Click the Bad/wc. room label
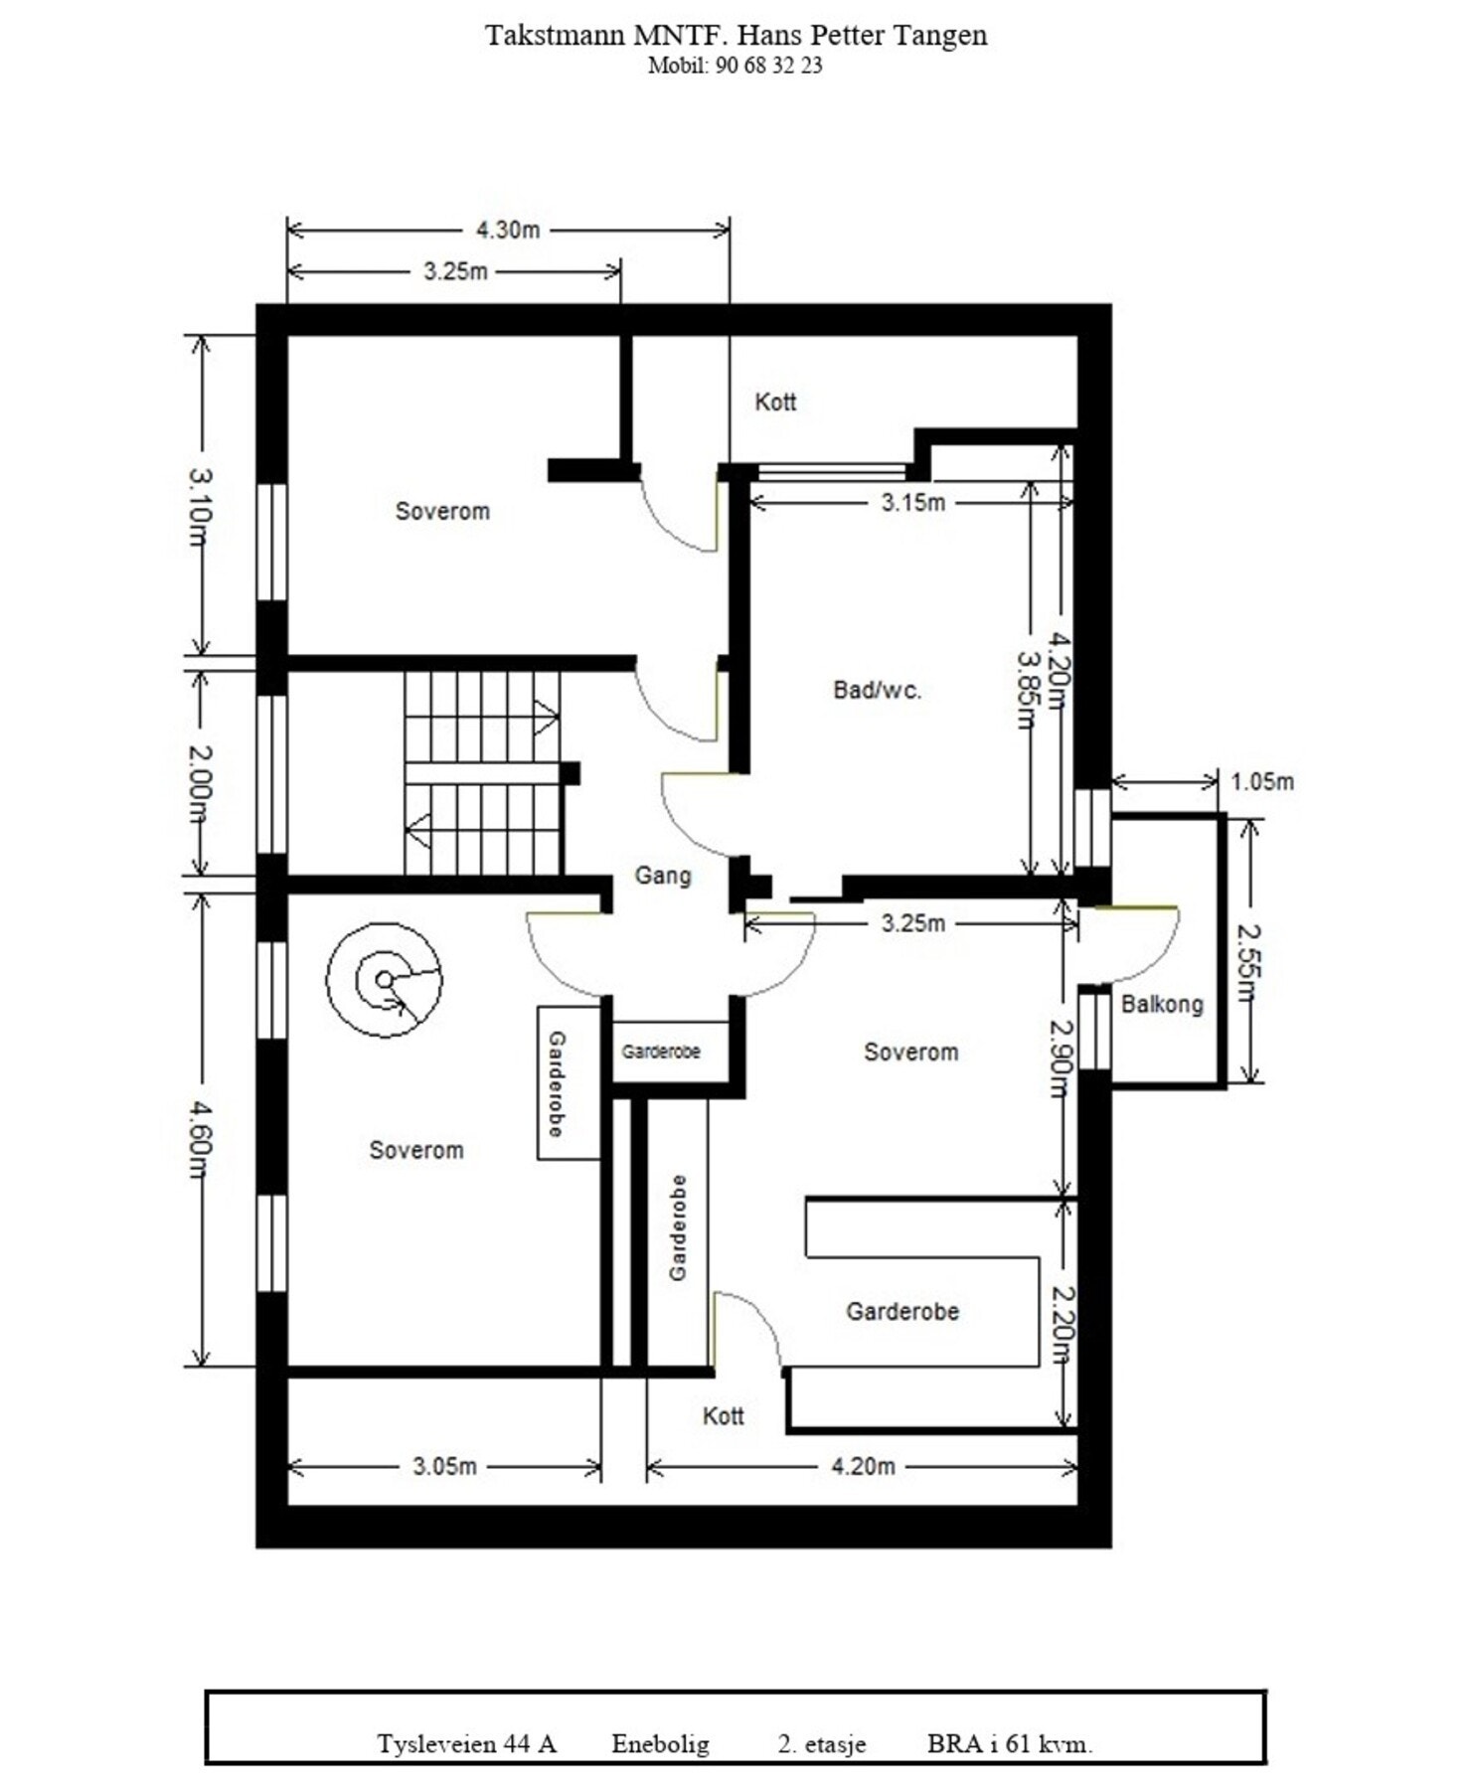pyautogui.click(x=878, y=690)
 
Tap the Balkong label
pyautogui.click(x=1162, y=1004)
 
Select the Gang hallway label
pyautogui.click(x=663, y=876)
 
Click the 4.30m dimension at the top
pyautogui.click(x=508, y=230)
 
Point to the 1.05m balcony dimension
pyautogui.click(x=1262, y=782)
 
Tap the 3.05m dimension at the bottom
pyautogui.click(x=444, y=1466)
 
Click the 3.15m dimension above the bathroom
pyautogui.click(x=913, y=503)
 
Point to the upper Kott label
pyautogui.click(x=775, y=402)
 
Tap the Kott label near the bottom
pyautogui.click(x=724, y=1416)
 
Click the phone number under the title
pyautogui.click(x=735, y=66)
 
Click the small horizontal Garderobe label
pyautogui.click(x=661, y=1052)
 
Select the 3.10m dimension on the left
pyautogui.click(x=200, y=507)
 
